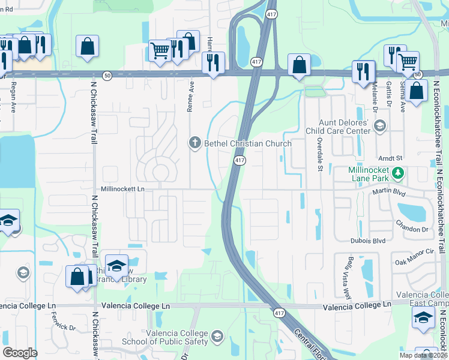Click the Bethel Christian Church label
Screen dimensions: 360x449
pyautogui.click(x=248, y=143)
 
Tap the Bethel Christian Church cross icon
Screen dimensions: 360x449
pyautogui.click(x=194, y=143)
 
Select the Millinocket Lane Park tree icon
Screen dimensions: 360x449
pyautogui.click(x=397, y=173)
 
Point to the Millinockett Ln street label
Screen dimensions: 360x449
pyautogui.click(x=123, y=188)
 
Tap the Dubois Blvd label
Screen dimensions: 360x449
pyautogui.click(x=367, y=241)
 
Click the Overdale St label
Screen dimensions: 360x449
pyautogui.click(x=320, y=154)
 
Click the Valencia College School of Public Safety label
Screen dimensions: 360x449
pyautogui.click(x=177, y=338)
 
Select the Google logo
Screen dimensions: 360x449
pyautogui.click(x=19, y=352)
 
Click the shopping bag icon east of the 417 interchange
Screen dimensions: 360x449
pyautogui.click(x=299, y=65)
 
